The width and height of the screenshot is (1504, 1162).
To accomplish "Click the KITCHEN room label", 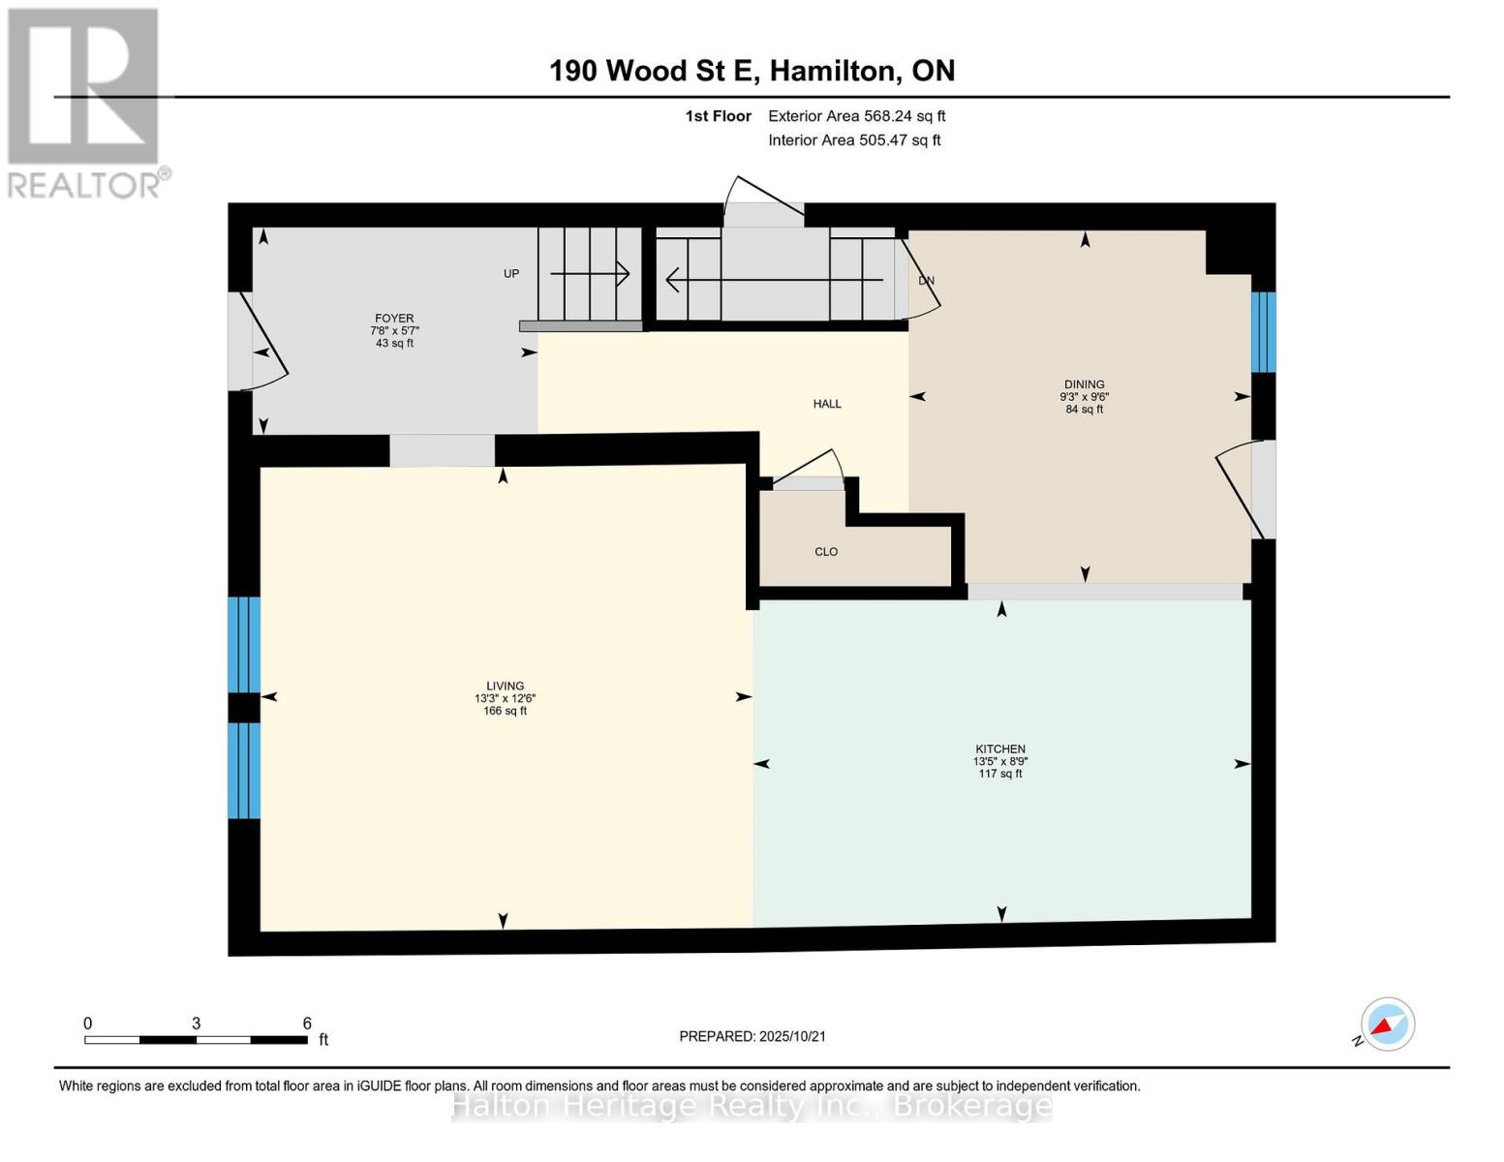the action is [x=1000, y=749].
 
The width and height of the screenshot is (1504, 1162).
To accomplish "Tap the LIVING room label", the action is [x=505, y=686].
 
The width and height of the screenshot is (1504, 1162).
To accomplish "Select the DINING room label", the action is [x=1084, y=384].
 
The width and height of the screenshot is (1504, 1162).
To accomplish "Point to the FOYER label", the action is [x=394, y=319].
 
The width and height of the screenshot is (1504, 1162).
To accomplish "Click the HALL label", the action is [x=827, y=404].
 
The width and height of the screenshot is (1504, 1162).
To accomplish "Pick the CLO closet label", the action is [x=826, y=552].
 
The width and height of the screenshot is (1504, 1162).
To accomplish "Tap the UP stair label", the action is [x=510, y=273].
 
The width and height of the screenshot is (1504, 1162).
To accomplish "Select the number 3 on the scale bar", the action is [x=196, y=1023].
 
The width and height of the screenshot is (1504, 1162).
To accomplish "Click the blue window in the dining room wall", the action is [x=1263, y=332].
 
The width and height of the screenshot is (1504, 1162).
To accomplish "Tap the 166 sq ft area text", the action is [x=505, y=711].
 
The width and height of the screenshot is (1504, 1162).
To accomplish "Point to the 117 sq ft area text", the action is [x=1000, y=774].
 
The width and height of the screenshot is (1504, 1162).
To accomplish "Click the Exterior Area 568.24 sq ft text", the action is [x=856, y=116].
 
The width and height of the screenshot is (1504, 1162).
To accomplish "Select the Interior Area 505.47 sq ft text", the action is [x=854, y=140].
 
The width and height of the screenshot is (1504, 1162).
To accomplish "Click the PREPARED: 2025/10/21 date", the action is [x=752, y=1036].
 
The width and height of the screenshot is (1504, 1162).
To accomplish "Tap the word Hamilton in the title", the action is [x=836, y=71].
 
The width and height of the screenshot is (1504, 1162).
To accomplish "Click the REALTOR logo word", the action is [x=84, y=185].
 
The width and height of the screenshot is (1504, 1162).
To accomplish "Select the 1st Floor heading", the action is [x=718, y=116].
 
